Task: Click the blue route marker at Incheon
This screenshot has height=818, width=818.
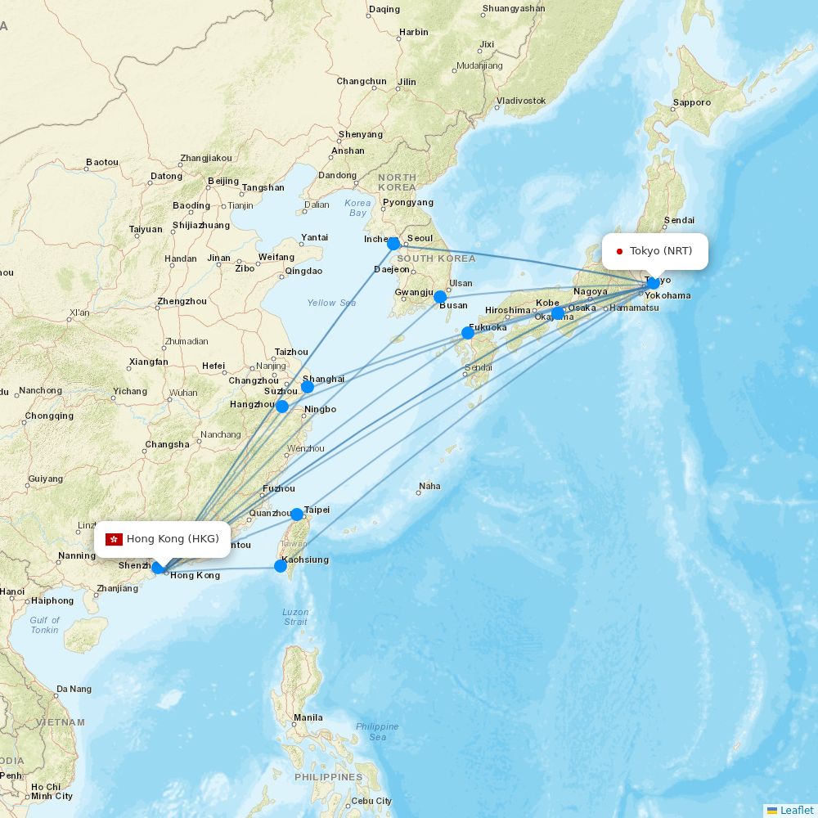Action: [393, 243]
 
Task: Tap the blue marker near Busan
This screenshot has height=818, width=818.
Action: [440, 297]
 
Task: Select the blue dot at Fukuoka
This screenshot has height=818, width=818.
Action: [468, 332]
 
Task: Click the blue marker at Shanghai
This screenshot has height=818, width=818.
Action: [308, 386]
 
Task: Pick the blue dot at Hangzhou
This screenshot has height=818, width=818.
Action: [282, 406]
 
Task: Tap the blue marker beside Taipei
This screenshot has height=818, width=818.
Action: [297, 514]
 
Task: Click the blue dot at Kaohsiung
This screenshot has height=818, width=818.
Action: [281, 565]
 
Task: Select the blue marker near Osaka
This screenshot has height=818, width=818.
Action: [558, 313]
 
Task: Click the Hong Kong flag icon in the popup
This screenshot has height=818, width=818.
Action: [115, 538]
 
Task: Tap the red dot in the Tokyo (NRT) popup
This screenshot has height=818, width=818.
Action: [620, 251]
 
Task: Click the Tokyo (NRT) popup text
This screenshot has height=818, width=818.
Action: [661, 251]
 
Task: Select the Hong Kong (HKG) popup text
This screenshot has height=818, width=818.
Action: [173, 538]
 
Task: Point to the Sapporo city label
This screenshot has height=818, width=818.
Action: [691, 103]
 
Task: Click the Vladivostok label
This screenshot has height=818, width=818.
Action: [521, 101]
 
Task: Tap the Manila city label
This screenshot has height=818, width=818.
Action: [308, 718]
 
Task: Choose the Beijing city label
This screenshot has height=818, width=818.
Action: [223, 181]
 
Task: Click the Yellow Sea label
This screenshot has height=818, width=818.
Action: [331, 303]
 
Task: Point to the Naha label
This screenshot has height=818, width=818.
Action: [429, 486]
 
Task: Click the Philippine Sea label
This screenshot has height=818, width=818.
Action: [377, 731]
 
